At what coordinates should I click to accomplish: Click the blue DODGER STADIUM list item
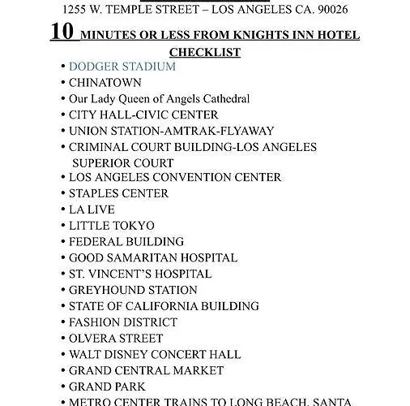point(122,67)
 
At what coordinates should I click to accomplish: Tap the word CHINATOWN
point(105,83)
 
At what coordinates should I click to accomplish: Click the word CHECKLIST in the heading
point(204,52)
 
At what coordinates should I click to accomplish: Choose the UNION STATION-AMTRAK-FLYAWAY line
point(171,131)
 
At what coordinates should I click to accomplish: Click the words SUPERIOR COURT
point(122,163)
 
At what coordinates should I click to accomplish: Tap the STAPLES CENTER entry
point(118,193)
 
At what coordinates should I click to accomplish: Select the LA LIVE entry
point(92,209)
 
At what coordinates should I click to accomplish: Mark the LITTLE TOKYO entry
point(111,226)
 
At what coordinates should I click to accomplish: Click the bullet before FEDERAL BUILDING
point(62,242)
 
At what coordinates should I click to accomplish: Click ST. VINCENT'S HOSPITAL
point(139,274)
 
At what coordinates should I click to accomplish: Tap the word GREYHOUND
point(104,290)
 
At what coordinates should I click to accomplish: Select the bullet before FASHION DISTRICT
point(62,322)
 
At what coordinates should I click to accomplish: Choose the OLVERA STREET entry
point(116,338)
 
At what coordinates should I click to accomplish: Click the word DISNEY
point(135,354)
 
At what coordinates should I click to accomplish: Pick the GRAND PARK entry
point(107,387)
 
